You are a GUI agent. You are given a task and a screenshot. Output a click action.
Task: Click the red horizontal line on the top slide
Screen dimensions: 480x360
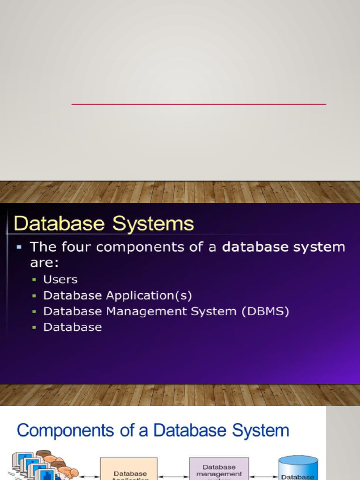click(199, 104)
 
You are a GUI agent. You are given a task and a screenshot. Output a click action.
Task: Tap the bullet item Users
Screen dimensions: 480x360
click(60, 279)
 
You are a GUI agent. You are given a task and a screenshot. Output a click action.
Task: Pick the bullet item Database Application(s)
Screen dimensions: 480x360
click(117, 296)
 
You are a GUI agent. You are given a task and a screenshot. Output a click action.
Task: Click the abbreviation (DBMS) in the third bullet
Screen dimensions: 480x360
click(265, 311)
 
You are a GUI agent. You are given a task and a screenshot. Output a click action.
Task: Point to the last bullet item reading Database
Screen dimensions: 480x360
click(72, 327)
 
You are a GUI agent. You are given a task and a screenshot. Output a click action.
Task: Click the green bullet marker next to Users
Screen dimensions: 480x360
click(34, 280)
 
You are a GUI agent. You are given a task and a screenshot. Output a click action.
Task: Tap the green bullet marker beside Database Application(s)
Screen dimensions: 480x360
click(34, 296)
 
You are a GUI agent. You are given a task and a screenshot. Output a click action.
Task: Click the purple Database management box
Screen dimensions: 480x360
click(219, 469)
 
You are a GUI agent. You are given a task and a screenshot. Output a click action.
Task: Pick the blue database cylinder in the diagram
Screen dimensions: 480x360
click(298, 468)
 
